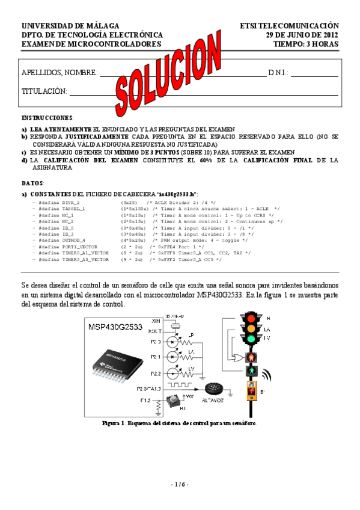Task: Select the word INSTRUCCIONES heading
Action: point(47,117)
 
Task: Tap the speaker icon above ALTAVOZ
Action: point(213,389)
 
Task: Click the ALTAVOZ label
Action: point(213,405)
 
